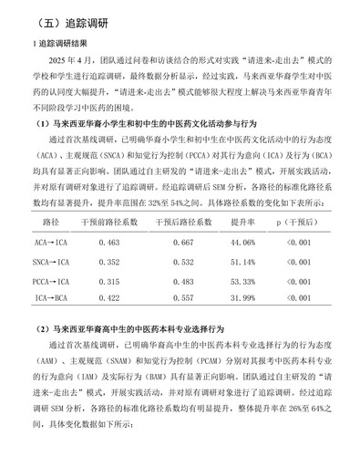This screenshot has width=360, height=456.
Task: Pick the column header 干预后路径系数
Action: point(181,223)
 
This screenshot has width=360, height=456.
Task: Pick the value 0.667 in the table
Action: point(181,243)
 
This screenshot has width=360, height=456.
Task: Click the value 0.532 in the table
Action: point(181,262)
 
